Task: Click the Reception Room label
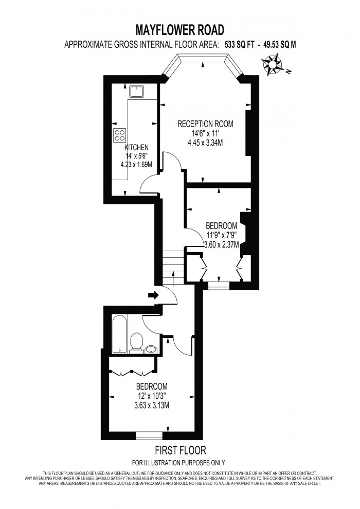(x=205, y=124)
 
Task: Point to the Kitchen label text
(x=136, y=147)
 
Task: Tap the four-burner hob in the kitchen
(x=120, y=135)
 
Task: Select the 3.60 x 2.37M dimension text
(x=221, y=244)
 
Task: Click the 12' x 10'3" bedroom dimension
(x=152, y=395)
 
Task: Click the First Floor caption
(x=179, y=449)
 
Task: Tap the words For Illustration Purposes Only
(x=179, y=463)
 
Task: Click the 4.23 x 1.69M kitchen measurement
(x=136, y=164)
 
